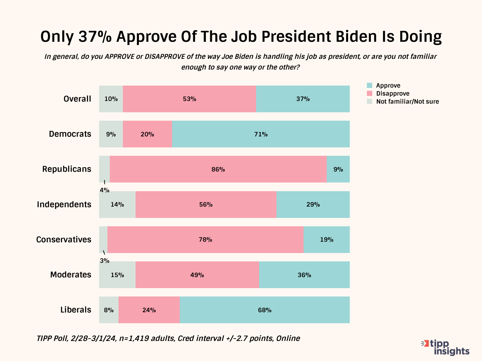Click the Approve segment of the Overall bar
[303, 99]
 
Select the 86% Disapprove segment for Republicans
[218, 169]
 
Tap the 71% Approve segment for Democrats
[261, 134]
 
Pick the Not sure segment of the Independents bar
[117, 205]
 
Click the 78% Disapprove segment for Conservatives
[206, 240]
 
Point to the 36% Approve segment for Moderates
[304, 275]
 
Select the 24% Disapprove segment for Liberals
[149, 310]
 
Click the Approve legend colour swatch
[370, 86]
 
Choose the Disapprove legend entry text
[393, 94]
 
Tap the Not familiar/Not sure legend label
[407, 102]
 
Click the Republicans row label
[67, 169]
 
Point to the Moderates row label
[71, 275]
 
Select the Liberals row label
[76, 310]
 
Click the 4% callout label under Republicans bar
[104, 190]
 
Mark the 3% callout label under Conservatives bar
[104, 261]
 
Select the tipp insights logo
[446, 348]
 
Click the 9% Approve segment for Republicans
[338, 169]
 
